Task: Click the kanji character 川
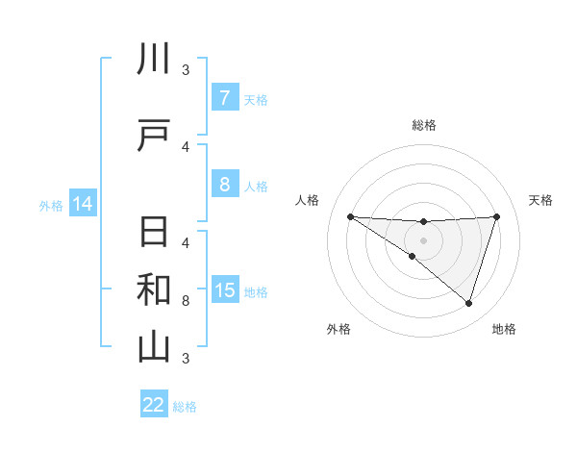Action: click(x=154, y=60)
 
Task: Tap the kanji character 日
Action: click(x=154, y=233)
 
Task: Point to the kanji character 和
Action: click(x=154, y=289)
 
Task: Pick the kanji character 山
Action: click(x=154, y=346)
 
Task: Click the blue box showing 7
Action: click(x=224, y=98)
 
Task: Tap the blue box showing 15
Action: click(x=224, y=289)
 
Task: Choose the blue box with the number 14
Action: click(x=82, y=204)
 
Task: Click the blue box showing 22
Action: click(x=154, y=405)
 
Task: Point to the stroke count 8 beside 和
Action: click(x=186, y=301)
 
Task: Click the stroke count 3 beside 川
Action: click(x=186, y=69)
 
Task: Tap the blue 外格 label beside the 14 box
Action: click(x=50, y=205)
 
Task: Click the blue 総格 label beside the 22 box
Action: click(x=185, y=407)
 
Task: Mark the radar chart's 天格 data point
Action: click(x=497, y=217)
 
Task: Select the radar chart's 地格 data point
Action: click(x=468, y=304)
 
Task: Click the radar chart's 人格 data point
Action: click(x=350, y=216)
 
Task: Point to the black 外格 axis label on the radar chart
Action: click(x=339, y=329)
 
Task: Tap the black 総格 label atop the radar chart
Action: click(x=423, y=125)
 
